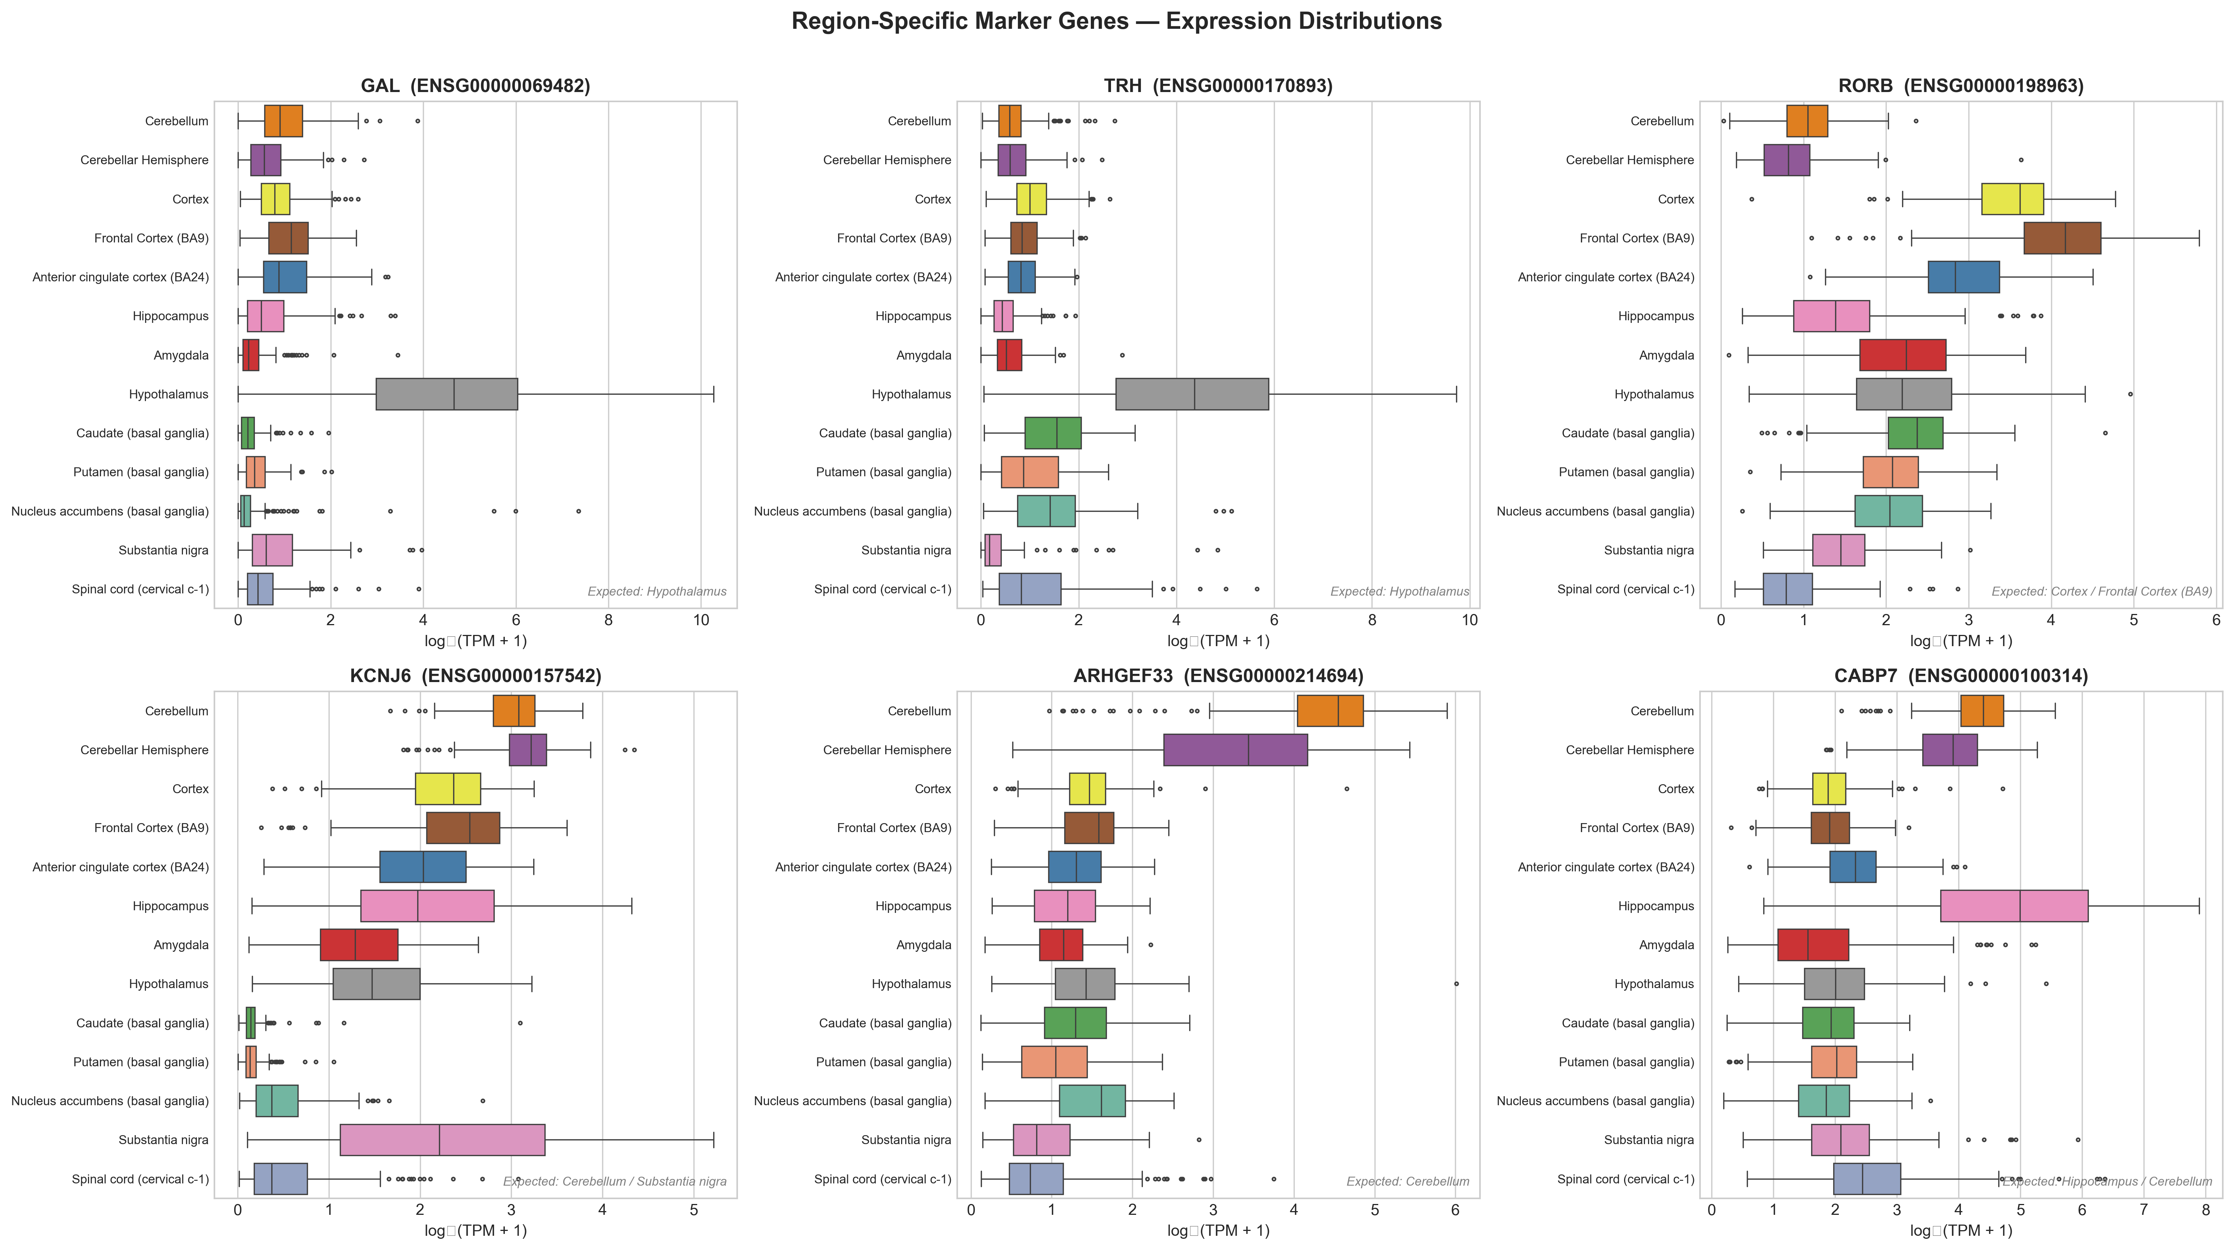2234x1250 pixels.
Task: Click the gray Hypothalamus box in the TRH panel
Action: [x=1191, y=394]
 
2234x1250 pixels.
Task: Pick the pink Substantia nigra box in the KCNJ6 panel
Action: [x=442, y=1140]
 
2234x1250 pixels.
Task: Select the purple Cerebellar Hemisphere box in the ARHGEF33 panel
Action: [x=1235, y=750]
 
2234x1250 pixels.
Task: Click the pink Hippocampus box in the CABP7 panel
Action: [x=2014, y=906]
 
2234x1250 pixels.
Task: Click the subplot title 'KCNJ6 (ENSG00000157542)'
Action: [x=475, y=676]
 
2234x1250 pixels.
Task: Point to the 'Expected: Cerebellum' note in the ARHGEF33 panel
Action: [x=1407, y=1182]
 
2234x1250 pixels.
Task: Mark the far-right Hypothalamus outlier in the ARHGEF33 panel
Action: [x=1456, y=984]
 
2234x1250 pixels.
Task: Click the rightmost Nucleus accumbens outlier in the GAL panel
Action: [x=579, y=511]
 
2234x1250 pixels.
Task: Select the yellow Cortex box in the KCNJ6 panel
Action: [x=448, y=789]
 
